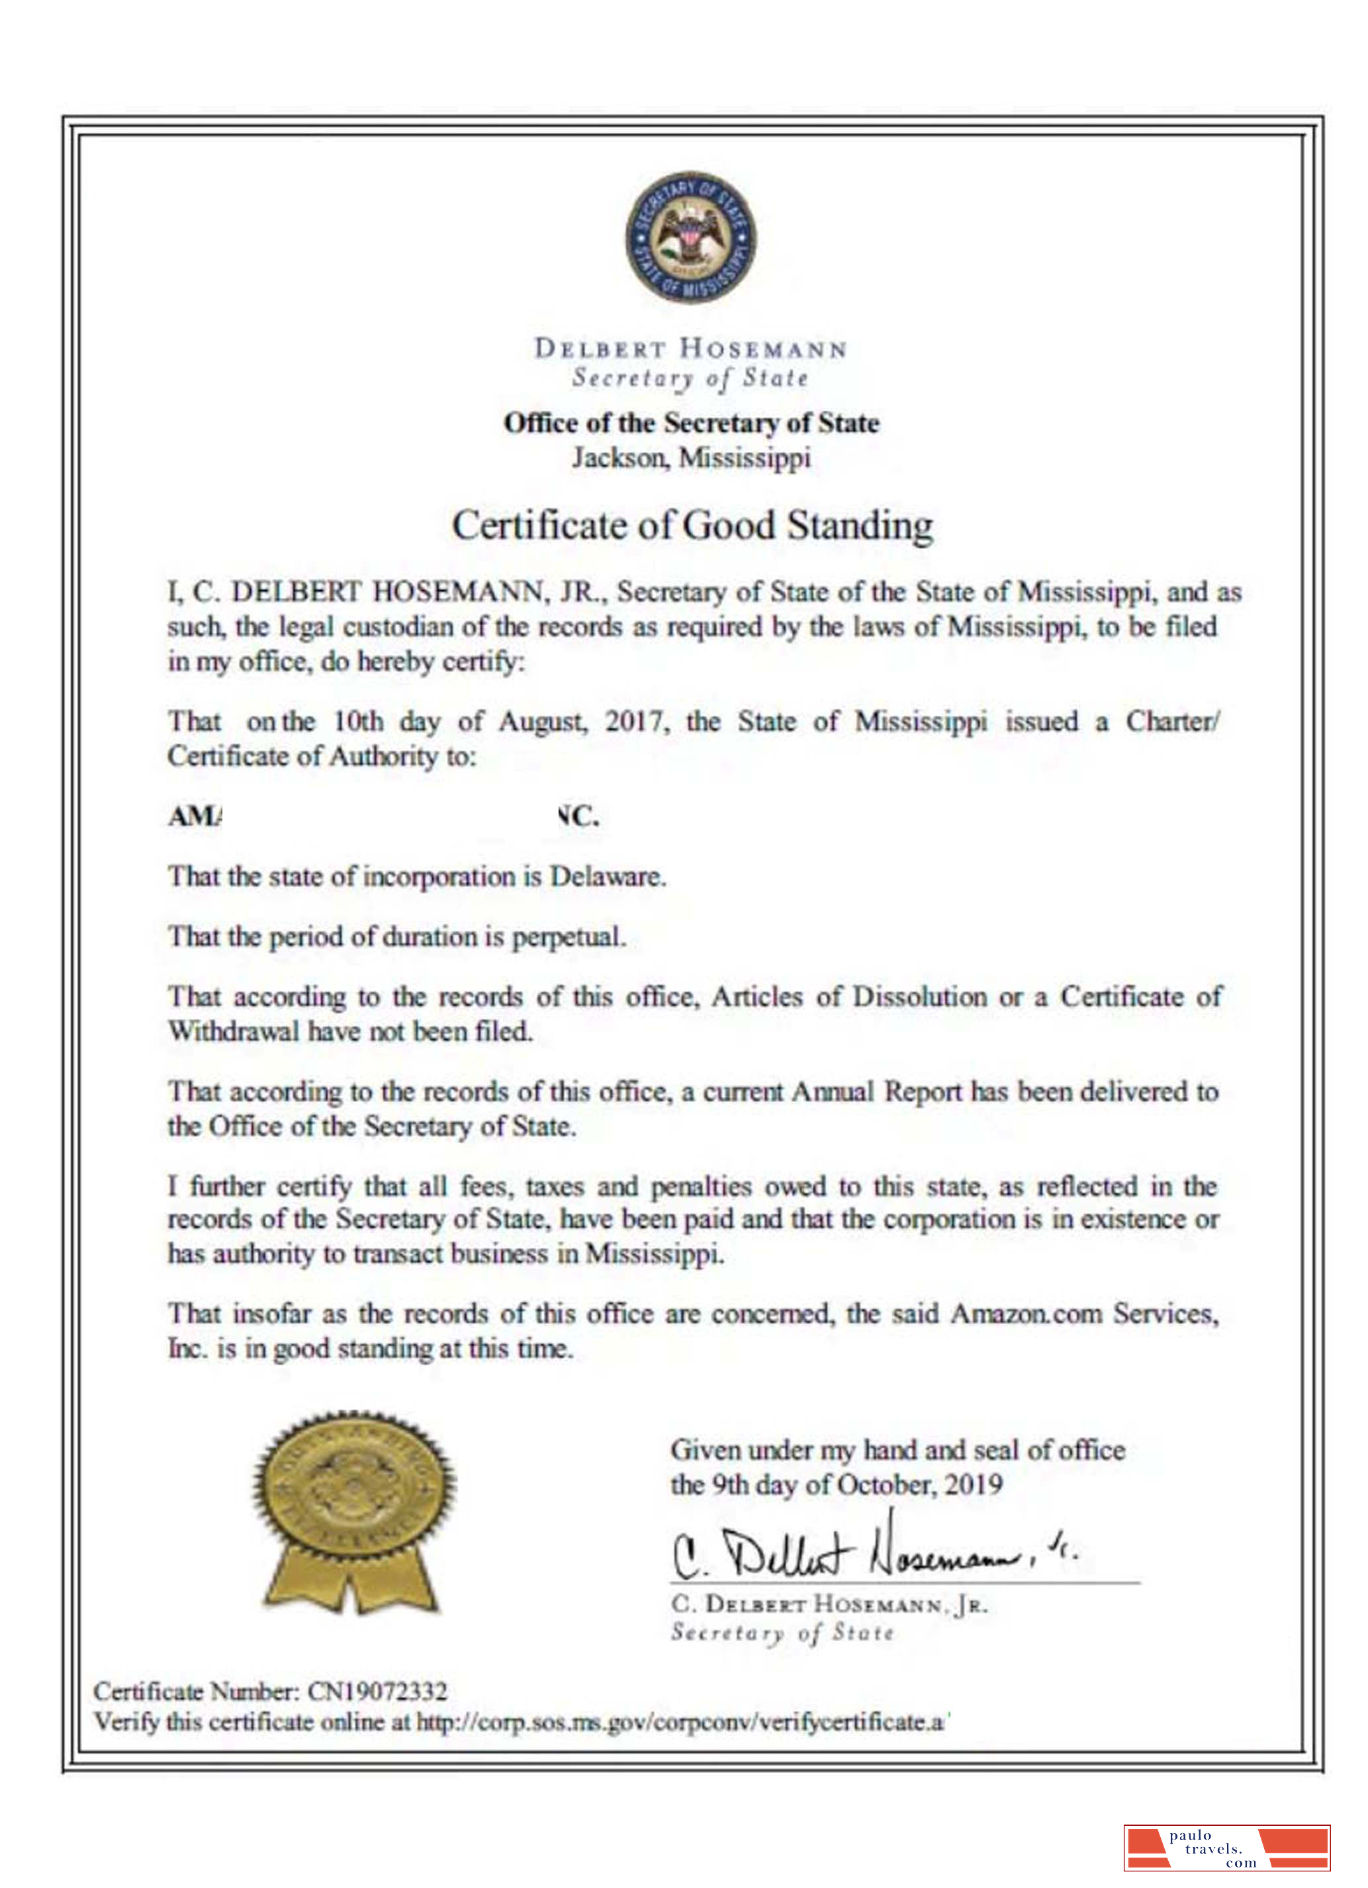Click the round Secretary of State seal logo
[690, 239]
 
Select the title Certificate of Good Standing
[691, 526]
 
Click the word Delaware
[607, 877]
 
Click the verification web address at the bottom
[682, 1721]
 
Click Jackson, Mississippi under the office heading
[690, 458]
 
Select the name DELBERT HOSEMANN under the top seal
[690, 348]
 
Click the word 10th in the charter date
[358, 721]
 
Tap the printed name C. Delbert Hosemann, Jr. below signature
[829, 1604]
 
